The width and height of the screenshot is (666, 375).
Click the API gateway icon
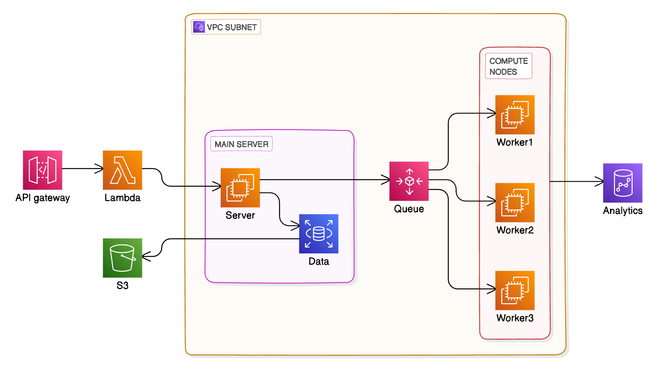pyautogui.click(x=42, y=170)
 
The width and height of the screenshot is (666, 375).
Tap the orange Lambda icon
pyautogui.click(x=122, y=170)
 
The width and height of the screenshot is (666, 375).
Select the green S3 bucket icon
pyautogui.click(x=122, y=258)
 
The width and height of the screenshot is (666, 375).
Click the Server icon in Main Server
pyautogui.click(x=240, y=187)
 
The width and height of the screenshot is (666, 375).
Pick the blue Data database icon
pyautogui.click(x=319, y=233)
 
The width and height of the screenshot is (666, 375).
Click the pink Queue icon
pyautogui.click(x=409, y=181)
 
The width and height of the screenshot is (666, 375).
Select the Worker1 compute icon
pyautogui.click(x=515, y=115)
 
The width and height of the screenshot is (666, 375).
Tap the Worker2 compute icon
pyautogui.click(x=515, y=202)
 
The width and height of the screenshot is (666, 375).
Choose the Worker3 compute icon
pyautogui.click(x=515, y=290)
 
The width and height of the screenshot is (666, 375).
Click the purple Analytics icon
pyautogui.click(x=623, y=183)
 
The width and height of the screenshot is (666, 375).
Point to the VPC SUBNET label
pyautogui.click(x=232, y=27)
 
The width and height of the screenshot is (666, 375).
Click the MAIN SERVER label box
pyautogui.click(x=241, y=144)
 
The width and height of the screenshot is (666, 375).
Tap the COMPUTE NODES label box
pyautogui.click(x=509, y=66)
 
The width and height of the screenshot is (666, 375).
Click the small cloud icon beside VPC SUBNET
pyautogui.click(x=199, y=27)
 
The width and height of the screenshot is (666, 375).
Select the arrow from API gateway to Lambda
pyautogui.click(x=82, y=169)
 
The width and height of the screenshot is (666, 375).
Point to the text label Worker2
pyautogui.click(x=515, y=230)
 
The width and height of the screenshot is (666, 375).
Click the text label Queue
pyautogui.click(x=409, y=209)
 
